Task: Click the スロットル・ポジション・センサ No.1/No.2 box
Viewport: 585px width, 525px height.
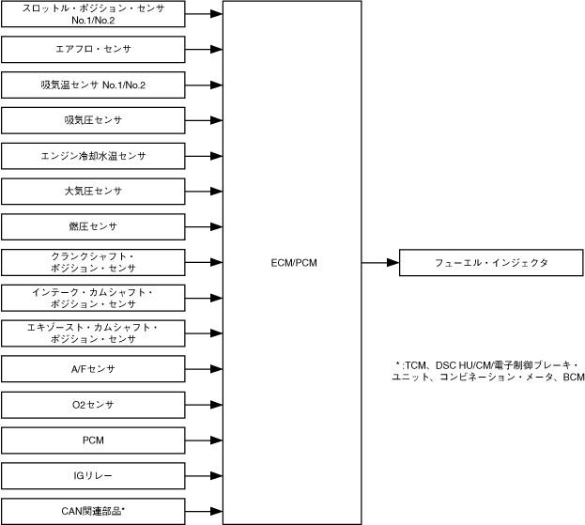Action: tap(93, 14)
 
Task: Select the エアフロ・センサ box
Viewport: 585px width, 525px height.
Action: tap(93, 49)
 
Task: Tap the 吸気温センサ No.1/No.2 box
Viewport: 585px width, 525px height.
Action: tap(93, 85)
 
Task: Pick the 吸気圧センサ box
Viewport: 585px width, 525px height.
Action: tap(93, 120)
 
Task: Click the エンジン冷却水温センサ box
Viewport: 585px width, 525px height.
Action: tap(93, 155)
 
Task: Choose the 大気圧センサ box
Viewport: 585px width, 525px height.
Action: tap(93, 191)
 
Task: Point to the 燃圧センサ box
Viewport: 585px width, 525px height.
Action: tap(93, 226)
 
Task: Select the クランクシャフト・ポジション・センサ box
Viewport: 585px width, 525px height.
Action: tap(93, 262)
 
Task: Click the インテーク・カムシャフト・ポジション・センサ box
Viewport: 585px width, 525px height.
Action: tap(93, 298)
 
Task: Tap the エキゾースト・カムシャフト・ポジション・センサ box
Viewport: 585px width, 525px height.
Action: tap(93, 333)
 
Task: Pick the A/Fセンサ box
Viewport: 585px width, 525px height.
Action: tap(93, 369)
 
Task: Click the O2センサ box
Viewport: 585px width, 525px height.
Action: tap(93, 405)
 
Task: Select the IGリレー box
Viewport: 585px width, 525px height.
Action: tap(93, 475)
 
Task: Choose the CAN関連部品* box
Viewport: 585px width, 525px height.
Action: tap(93, 511)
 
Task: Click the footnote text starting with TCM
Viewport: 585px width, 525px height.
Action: tap(490, 371)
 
